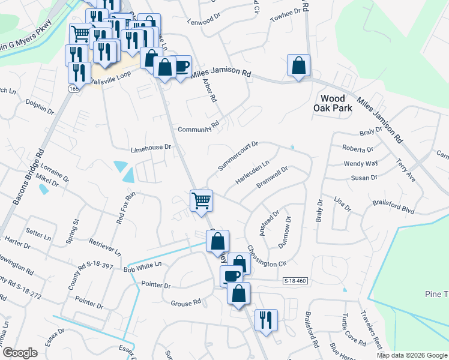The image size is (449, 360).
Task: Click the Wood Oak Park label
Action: [x=333, y=103]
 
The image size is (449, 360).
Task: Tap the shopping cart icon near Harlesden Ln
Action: [x=202, y=200]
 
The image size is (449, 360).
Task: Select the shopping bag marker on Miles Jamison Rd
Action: [x=298, y=65]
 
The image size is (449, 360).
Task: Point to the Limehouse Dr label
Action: [x=151, y=148]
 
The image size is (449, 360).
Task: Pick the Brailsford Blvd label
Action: [x=394, y=206]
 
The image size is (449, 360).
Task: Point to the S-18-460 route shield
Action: [x=295, y=281]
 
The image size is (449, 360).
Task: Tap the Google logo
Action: [x=20, y=353]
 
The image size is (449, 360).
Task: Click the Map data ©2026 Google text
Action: [x=411, y=355]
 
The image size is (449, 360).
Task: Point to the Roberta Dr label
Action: [x=358, y=149]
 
